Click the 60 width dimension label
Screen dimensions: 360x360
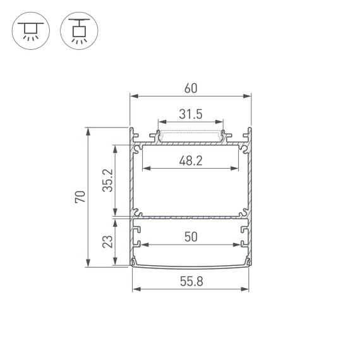pyautogui.click(x=190, y=88)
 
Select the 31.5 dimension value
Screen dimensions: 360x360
pyautogui.click(x=190, y=114)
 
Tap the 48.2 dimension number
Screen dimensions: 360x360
pyautogui.click(x=190, y=160)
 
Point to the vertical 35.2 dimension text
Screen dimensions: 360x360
pyautogui.click(x=108, y=180)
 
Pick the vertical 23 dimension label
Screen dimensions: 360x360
pyautogui.click(x=108, y=242)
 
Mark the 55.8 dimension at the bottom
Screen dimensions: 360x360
pyautogui.click(x=190, y=282)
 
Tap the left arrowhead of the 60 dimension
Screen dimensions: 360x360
pyautogui.click(x=133, y=97)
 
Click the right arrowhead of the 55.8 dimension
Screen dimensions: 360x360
pyautogui.click(x=245, y=291)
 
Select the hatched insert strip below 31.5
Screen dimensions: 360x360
pyautogui.click(x=190, y=135)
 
